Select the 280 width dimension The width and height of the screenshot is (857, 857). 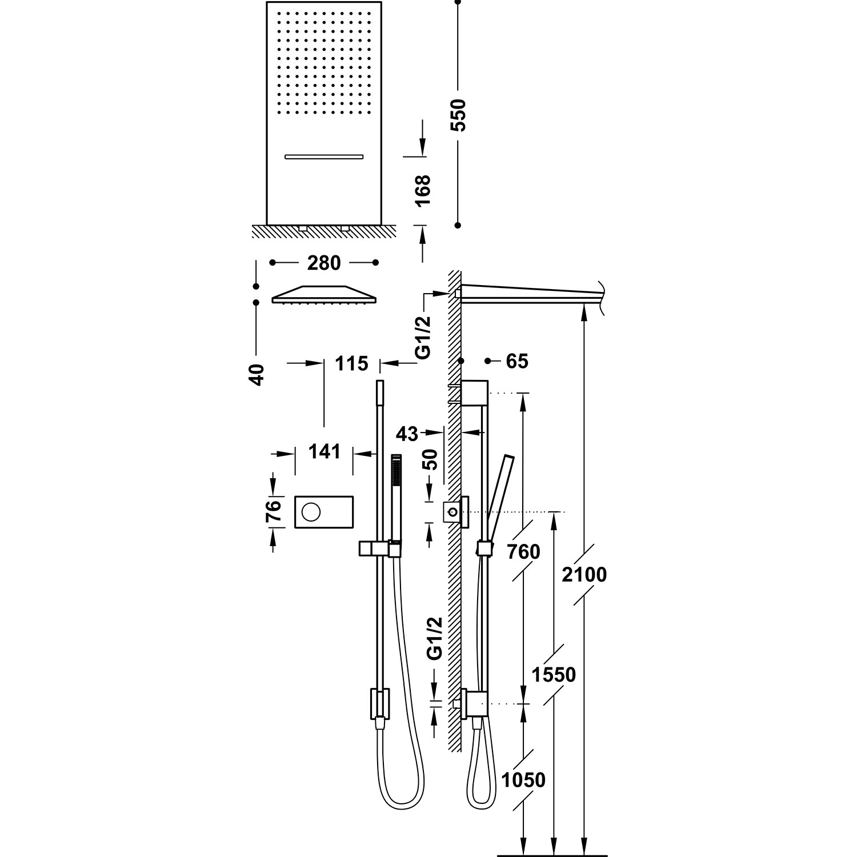[324, 263]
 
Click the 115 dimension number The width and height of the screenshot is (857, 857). [351, 363]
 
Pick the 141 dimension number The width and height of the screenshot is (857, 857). [324, 452]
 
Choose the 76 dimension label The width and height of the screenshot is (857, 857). [275, 512]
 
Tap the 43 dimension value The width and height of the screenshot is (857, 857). [407, 434]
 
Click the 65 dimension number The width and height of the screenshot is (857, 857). [516, 361]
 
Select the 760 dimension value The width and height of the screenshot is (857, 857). [523, 552]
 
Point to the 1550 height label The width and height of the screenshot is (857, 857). [554, 675]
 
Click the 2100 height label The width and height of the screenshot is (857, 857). [584, 574]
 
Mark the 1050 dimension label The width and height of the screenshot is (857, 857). [523, 780]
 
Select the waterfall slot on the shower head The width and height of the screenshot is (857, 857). [323, 156]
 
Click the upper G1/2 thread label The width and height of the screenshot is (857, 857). [423, 337]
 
